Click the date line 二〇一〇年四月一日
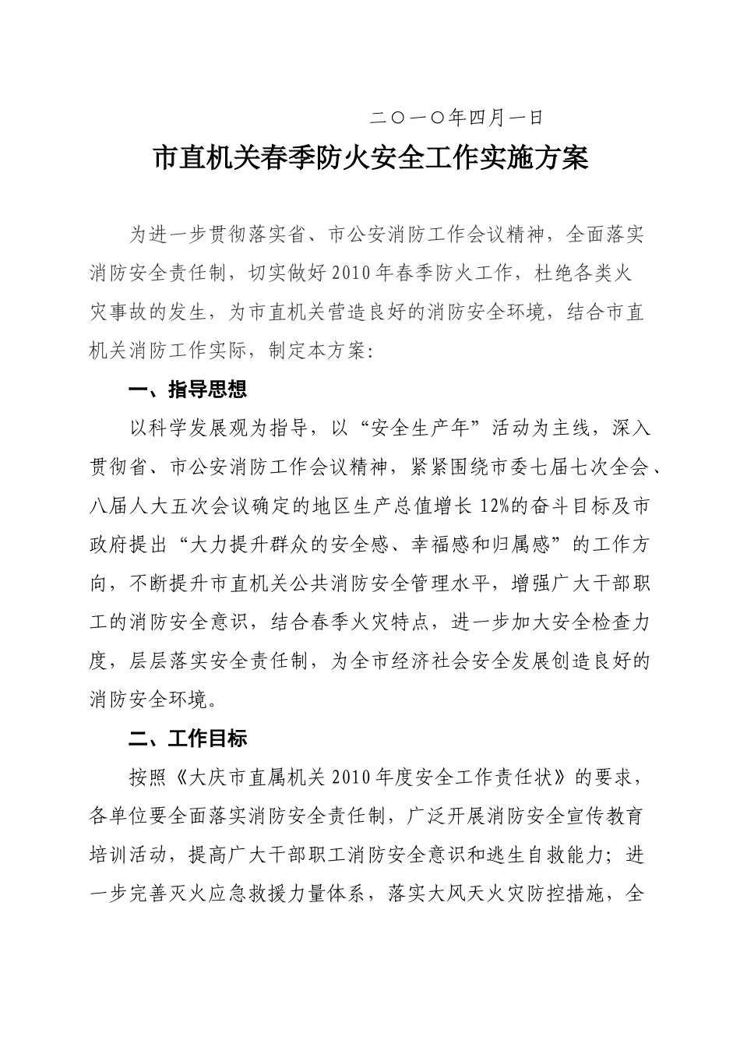point(456,118)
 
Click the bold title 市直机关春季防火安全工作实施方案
point(370,159)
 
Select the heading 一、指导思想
point(187,390)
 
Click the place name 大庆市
point(215,777)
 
